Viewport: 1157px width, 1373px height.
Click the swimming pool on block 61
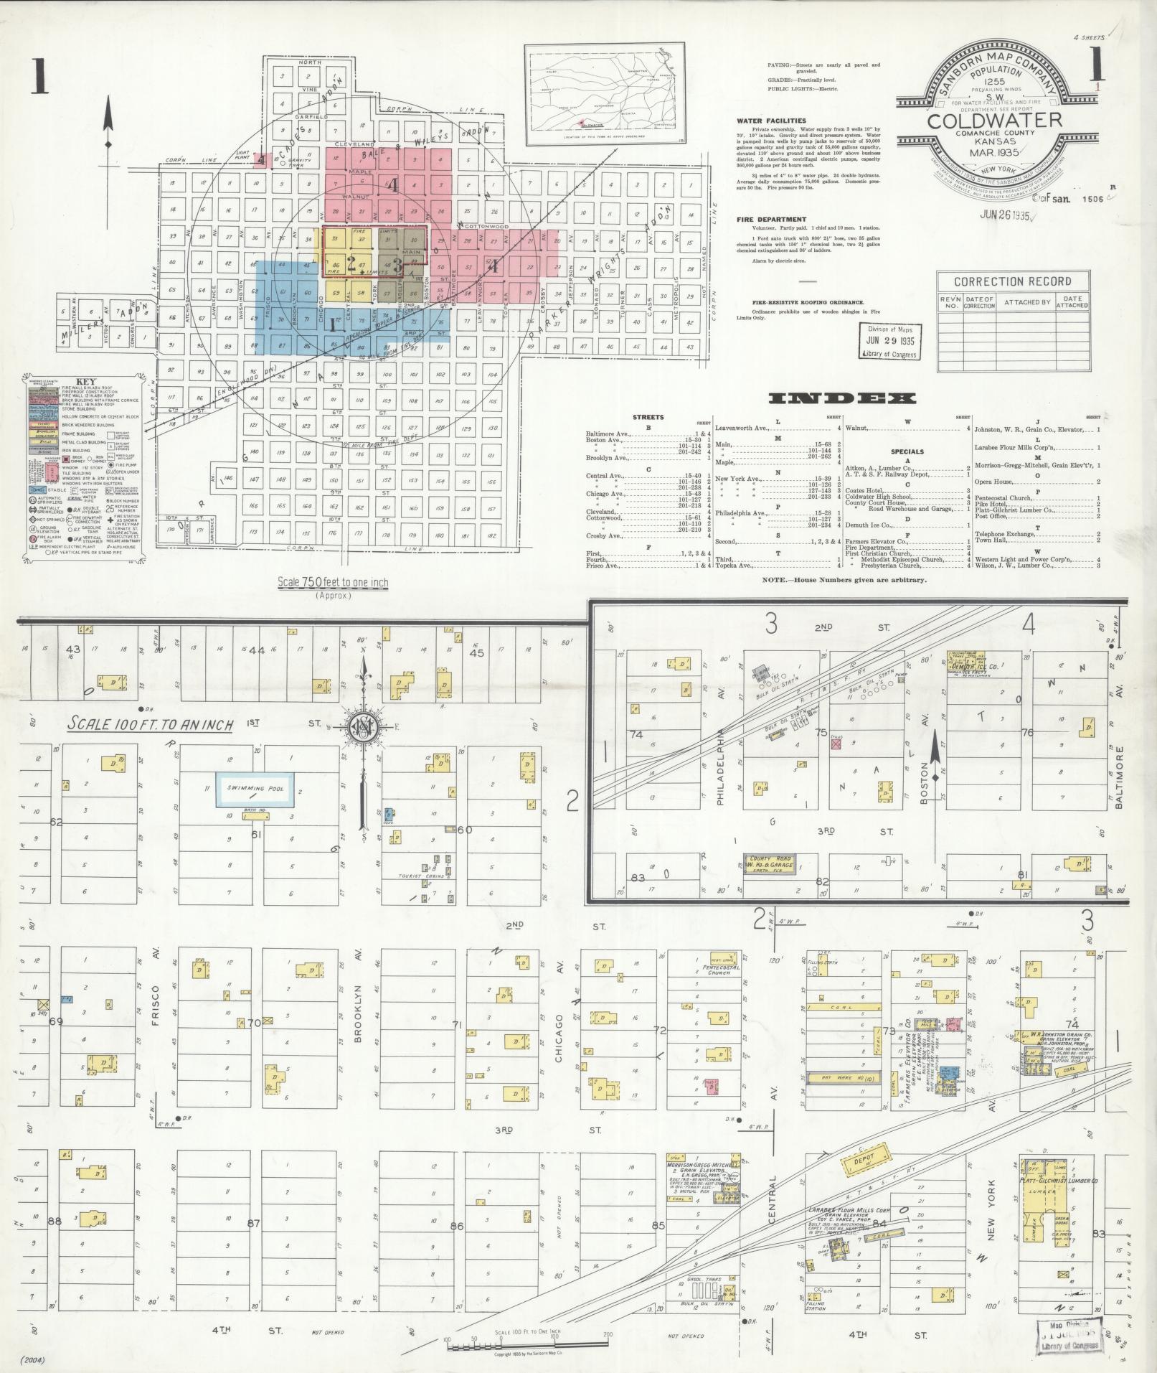pos(255,789)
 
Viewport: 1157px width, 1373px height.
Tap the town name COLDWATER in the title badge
pos(993,121)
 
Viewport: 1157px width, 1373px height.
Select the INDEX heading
pos(842,398)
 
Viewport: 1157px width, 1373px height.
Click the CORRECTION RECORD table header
pos(1012,281)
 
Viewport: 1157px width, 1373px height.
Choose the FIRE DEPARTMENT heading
pos(771,220)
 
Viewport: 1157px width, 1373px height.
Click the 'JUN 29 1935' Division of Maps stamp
pos(890,340)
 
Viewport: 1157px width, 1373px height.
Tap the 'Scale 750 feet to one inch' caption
pos(332,583)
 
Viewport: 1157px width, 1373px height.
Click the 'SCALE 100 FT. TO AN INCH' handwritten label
pos(151,725)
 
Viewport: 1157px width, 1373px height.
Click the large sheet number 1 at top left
pos(39,79)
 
